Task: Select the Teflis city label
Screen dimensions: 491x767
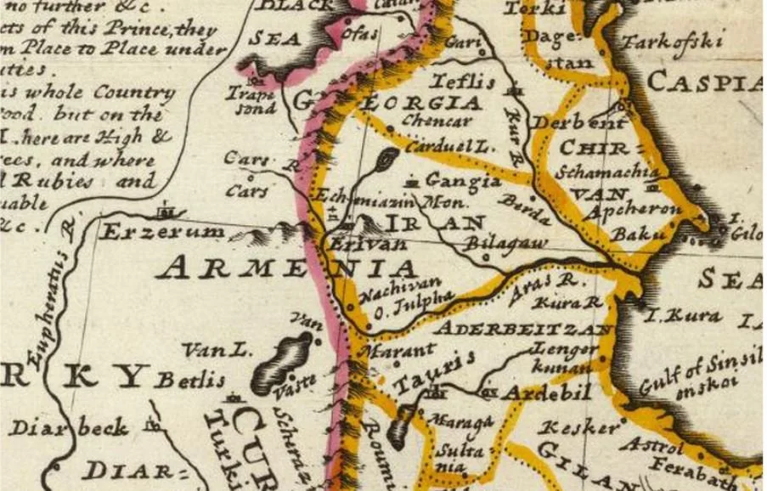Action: click(463, 82)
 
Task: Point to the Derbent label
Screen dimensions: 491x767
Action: click(580, 123)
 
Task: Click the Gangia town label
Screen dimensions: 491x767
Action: click(463, 181)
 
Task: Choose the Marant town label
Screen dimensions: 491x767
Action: click(400, 349)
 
